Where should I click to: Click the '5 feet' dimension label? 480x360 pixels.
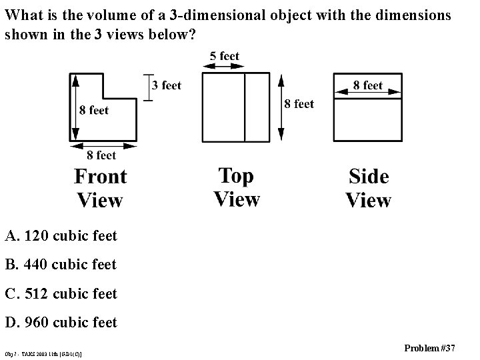click(x=224, y=56)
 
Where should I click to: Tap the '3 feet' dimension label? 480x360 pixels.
click(x=167, y=85)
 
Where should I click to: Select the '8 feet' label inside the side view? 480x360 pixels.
click(x=368, y=85)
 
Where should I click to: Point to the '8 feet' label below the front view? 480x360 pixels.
click(x=97, y=155)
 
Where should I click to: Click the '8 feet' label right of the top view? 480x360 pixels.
click(x=299, y=103)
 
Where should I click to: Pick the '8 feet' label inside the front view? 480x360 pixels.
click(x=93, y=110)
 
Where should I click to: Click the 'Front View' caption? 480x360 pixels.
click(x=100, y=188)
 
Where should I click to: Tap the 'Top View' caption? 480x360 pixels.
click(x=237, y=187)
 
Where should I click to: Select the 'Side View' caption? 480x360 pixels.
click(x=369, y=188)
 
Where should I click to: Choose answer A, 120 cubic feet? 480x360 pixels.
click(x=61, y=235)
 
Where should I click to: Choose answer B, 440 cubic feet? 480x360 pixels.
click(x=61, y=265)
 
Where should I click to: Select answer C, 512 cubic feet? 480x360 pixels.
click(x=61, y=293)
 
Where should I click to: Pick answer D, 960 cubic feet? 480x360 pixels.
click(x=61, y=323)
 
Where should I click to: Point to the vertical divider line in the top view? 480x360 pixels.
click(x=245, y=107)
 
